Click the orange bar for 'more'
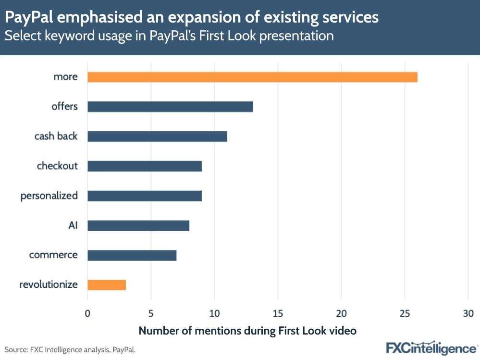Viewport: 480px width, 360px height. coord(252,77)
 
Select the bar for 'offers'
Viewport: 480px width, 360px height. coord(170,107)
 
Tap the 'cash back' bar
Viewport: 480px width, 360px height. coord(157,137)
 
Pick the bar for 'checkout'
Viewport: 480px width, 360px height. coord(145,166)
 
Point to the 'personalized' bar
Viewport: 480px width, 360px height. coord(145,196)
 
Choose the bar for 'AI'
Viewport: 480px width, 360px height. coord(138,225)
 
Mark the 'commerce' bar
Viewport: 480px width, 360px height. coord(132,255)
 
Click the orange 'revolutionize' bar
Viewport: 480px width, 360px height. coord(107,285)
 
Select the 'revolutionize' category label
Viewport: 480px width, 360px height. coord(49,285)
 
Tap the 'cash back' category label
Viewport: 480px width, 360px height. coord(56,136)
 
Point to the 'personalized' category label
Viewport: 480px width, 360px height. coord(49,196)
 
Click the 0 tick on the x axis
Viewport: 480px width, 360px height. coord(87,313)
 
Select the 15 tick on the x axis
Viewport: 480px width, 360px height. coord(278,313)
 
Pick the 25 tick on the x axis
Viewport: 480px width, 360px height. coord(405,313)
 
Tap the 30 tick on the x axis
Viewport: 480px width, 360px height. coord(468,313)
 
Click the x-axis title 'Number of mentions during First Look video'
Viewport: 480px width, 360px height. coord(247,331)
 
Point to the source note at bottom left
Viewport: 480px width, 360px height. coord(70,349)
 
